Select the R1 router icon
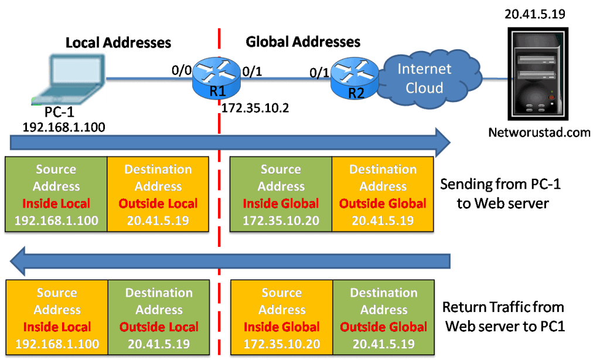click(x=217, y=79)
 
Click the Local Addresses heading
click(x=118, y=42)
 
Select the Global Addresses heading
click(x=303, y=42)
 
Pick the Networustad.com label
click(x=539, y=133)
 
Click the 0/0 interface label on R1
click(x=181, y=71)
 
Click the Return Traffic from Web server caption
click(x=503, y=317)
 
